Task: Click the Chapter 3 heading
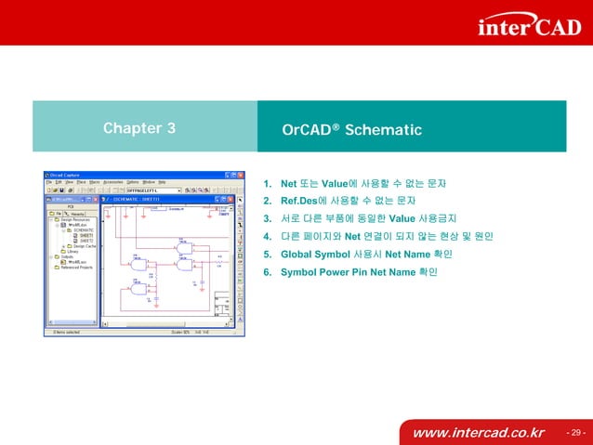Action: click(x=139, y=129)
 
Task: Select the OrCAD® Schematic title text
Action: click(x=351, y=129)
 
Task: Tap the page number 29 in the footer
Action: click(x=575, y=433)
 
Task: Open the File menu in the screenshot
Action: click(x=50, y=182)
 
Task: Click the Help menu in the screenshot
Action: click(x=161, y=182)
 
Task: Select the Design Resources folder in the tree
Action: click(x=75, y=219)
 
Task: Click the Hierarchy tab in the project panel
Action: click(x=78, y=213)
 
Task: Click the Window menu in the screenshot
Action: click(x=147, y=182)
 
